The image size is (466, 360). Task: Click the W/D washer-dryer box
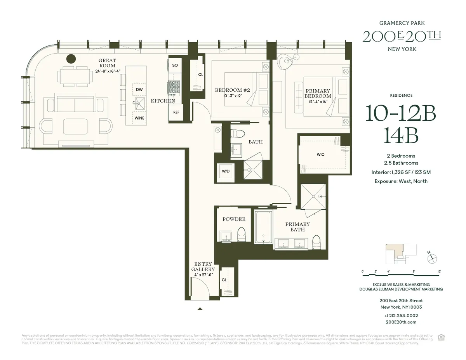[226, 171]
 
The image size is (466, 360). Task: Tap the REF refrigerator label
[176, 112]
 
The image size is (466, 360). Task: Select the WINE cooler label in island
[139, 118]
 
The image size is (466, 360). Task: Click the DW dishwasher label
[139, 90]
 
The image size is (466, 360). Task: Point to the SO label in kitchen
[175, 65]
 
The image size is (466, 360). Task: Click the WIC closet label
[320, 155]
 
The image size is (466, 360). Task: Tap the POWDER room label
[234, 219]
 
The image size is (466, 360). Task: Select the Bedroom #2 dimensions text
[232, 96]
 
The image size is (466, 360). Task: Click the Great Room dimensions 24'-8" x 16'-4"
[107, 71]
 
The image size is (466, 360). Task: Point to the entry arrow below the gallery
[200, 309]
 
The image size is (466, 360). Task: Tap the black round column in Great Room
[71, 59]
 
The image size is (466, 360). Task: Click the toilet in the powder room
[242, 235]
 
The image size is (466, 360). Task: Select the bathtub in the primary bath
[263, 227]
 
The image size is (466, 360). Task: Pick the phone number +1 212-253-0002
[401, 315]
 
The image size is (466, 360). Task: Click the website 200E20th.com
[401, 322]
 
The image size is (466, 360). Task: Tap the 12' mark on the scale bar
[439, 271]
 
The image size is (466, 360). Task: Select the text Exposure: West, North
[401, 181]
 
